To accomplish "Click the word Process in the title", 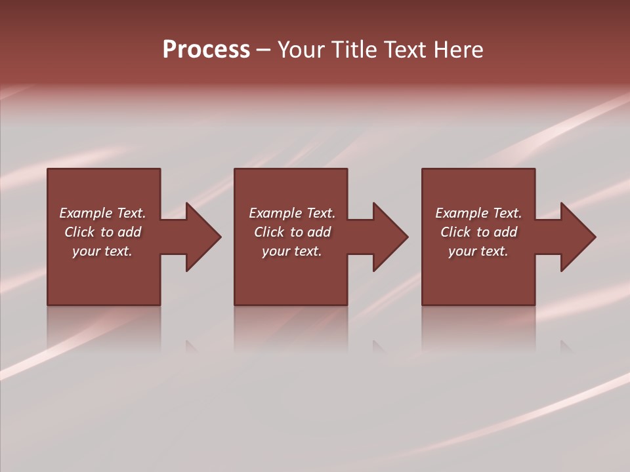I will [x=206, y=50].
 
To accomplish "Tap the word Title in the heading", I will [x=354, y=50].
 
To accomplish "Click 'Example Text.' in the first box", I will [x=102, y=213].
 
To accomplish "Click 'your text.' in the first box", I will [x=102, y=251].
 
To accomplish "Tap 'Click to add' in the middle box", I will [x=292, y=232].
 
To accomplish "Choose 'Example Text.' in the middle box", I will [x=292, y=213].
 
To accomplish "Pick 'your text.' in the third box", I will [x=478, y=251].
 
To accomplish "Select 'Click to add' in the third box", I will [x=478, y=232].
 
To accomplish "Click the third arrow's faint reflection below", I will [x=565, y=346].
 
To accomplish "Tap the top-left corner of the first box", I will [x=48, y=169].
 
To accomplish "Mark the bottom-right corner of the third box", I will [x=534, y=304].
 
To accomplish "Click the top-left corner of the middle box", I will [x=235, y=169].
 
